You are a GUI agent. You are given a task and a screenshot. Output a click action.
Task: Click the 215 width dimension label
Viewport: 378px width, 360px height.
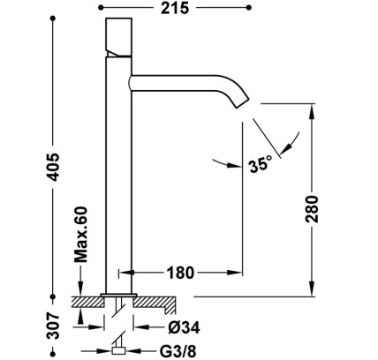click(x=175, y=8)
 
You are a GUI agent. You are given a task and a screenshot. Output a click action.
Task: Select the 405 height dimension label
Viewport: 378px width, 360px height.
click(x=54, y=167)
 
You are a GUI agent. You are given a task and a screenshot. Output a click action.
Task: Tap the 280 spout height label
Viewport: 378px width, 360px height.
click(x=312, y=209)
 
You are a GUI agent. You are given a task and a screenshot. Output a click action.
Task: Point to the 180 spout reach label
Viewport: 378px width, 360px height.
click(x=181, y=273)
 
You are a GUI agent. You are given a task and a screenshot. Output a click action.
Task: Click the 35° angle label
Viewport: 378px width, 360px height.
click(x=261, y=164)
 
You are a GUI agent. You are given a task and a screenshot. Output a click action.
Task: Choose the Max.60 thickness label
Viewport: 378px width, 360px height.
click(x=80, y=235)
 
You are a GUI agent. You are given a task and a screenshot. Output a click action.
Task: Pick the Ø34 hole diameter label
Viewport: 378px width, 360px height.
click(x=184, y=327)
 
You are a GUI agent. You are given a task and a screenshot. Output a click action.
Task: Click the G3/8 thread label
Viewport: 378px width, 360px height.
click(x=178, y=351)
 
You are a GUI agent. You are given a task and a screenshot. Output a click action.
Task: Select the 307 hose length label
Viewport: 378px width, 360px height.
click(x=54, y=326)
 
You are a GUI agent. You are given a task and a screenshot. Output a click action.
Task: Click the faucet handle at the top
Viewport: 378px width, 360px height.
click(x=118, y=37)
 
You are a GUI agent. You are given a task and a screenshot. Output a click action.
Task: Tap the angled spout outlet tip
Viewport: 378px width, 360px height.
click(x=243, y=102)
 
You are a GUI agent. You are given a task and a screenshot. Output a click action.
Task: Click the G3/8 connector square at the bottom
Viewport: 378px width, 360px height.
click(x=118, y=350)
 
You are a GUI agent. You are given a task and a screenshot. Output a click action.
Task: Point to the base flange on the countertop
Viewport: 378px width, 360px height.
click(x=118, y=295)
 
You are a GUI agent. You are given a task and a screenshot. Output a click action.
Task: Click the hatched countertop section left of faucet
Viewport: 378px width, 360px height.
click(x=87, y=302)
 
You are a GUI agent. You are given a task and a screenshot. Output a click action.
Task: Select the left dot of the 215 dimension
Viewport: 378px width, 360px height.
click(x=101, y=8)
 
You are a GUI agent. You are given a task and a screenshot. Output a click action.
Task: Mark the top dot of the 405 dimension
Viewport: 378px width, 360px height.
click(x=53, y=19)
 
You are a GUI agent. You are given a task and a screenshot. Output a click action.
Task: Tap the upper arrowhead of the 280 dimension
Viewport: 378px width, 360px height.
click(x=312, y=110)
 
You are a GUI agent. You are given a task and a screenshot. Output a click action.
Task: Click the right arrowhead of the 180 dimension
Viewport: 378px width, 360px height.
click(x=235, y=273)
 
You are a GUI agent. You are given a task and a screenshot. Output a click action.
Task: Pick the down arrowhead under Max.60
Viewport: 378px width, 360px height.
click(x=80, y=289)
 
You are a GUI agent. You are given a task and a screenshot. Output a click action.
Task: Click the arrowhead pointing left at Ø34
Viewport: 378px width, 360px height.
click(x=140, y=327)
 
